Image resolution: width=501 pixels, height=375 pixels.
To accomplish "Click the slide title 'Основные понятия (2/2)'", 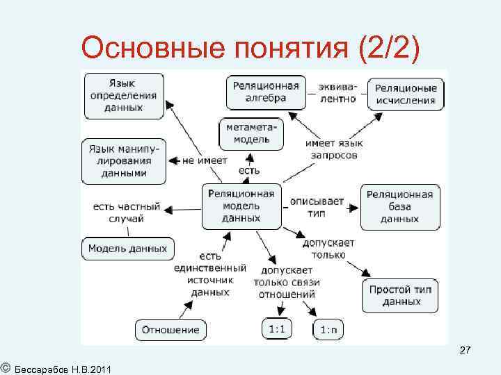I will pyautogui.click(x=250, y=49).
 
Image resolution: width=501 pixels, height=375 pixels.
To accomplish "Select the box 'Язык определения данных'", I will pyautogui.click(x=124, y=92).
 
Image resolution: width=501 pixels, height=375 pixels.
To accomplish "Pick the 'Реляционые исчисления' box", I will pyautogui.click(x=406, y=94).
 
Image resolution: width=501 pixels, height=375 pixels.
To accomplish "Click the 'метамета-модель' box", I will pyautogui.click(x=253, y=134).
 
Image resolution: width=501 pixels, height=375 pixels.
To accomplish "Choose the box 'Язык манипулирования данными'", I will pyautogui.click(x=124, y=161).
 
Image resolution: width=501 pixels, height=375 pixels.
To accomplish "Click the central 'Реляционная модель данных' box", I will pyautogui.click(x=241, y=206).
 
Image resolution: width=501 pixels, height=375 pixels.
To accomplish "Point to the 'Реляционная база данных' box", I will pyautogui.click(x=400, y=206).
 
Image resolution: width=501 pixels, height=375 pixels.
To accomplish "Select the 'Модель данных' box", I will pyautogui.click(x=127, y=248).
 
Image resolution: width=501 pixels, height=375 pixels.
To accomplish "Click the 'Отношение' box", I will pyautogui.click(x=170, y=330).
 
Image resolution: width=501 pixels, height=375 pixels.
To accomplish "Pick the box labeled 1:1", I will pyautogui.click(x=277, y=328).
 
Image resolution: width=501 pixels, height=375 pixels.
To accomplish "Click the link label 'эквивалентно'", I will pyautogui.click(x=337, y=93).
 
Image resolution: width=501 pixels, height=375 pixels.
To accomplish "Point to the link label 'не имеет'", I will pyautogui.click(x=205, y=160).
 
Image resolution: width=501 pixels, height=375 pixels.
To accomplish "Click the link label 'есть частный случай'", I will pyautogui.click(x=126, y=212).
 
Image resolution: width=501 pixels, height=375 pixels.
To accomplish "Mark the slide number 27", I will pyautogui.click(x=466, y=353).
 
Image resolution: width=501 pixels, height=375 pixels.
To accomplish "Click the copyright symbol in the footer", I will pyautogui.click(x=5, y=365).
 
